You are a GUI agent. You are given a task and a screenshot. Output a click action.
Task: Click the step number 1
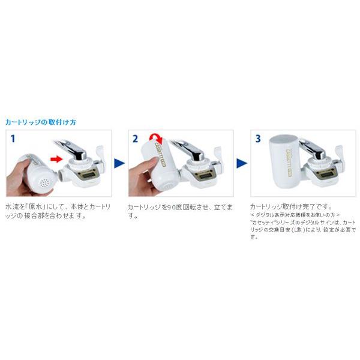12,139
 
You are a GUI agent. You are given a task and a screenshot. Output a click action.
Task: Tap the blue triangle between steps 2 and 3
241,163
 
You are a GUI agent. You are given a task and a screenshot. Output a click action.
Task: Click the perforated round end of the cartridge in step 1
41,179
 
